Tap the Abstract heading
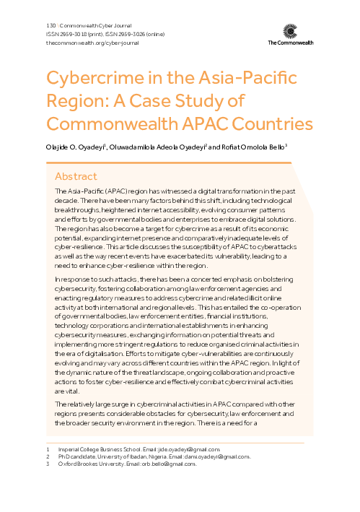click(77, 175)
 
